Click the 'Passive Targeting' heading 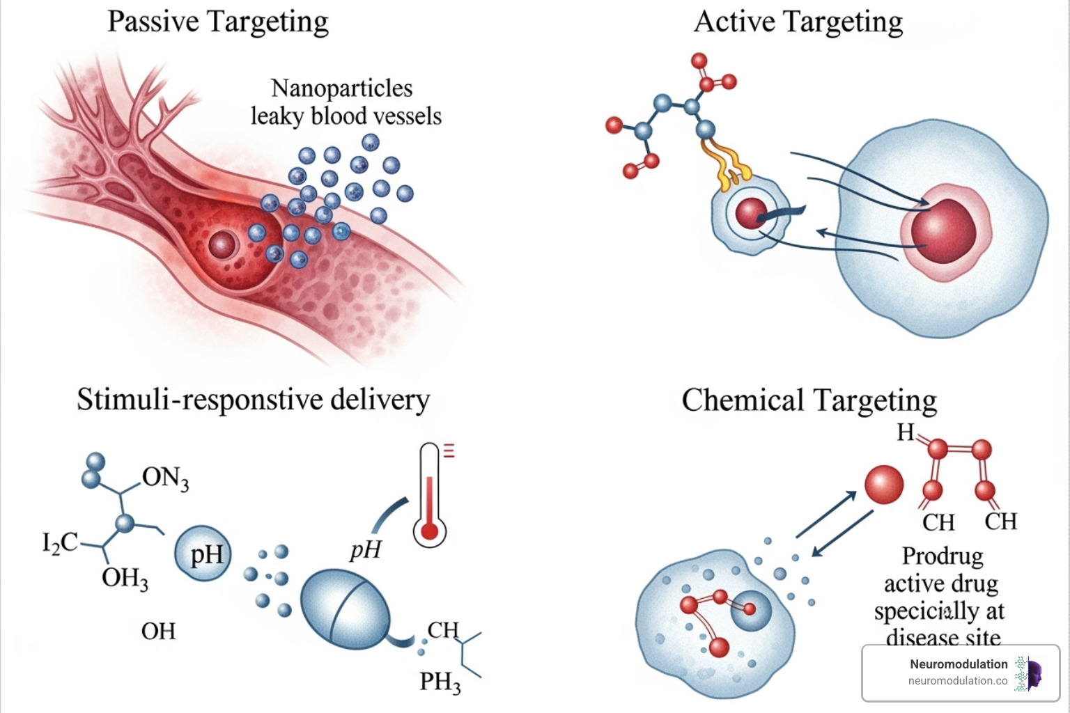click(x=217, y=22)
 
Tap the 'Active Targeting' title click(x=798, y=22)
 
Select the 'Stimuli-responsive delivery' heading click(x=253, y=400)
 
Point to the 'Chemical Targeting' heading click(x=809, y=401)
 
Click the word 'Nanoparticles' click(x=341, y=88)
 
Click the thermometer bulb click(x=430, y=532)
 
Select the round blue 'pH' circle click(x=203, y=554)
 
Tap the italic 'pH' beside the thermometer click(x=366, y=550)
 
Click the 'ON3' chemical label click(x=165, y=478)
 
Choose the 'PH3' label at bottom click(x=440, y=682)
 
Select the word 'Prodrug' click(x=943, y=556)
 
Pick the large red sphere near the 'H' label click(x=884, y=485)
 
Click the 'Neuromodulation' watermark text click(x=959, y=664)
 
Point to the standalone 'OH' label click(x=158, y=632)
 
